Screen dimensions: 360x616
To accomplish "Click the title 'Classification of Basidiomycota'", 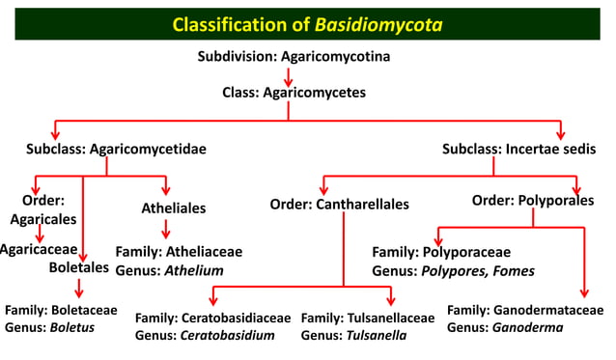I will coord(307,23).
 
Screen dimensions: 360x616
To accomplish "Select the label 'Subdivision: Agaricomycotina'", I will coord(294,57).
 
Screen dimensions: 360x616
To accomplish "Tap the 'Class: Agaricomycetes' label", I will coord(289,94).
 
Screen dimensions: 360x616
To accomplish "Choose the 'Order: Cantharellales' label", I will coord(339,204).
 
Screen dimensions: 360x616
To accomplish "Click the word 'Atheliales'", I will coord(174,208).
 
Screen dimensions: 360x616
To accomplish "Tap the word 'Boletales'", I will coord(79,267).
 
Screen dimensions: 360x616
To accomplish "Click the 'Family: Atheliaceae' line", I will coord(179,252).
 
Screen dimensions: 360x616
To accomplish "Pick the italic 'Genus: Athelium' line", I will coord(169,270).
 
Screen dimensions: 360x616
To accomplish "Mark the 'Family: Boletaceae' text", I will coord(61,311).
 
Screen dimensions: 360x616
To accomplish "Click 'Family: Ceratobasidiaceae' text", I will coord(212,318).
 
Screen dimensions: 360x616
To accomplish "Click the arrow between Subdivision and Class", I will coord(289,76).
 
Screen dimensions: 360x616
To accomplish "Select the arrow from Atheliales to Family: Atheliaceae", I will coord(166,229).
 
